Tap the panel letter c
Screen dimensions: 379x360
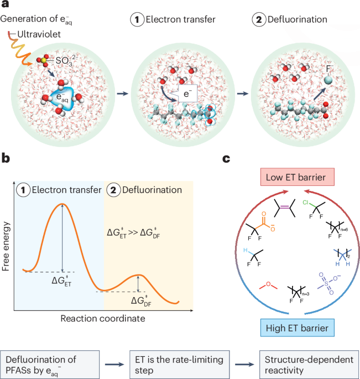coord(226,159)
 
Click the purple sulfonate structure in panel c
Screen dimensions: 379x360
coord(326,282)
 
